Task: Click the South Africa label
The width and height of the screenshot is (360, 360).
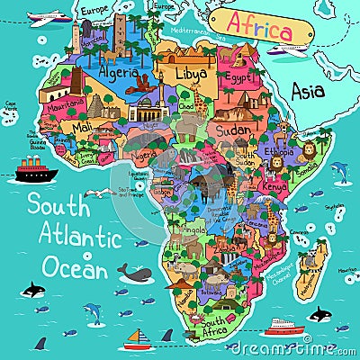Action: coord(220,321)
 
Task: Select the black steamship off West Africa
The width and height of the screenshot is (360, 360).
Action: coord(33,170)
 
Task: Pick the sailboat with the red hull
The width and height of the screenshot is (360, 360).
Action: coord(138,339)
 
